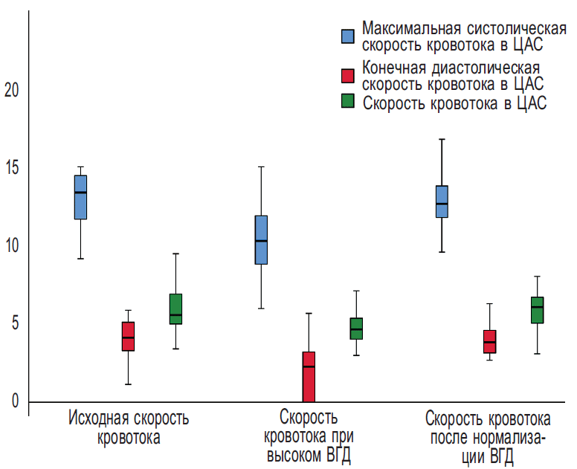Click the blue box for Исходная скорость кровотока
tap(80, 197)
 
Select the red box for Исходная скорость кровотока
tap(128, 336)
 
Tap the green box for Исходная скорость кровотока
tap(175, 308)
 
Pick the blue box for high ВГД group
tap(261, 239)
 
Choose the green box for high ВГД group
tap(356, 328)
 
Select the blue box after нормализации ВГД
tap(442, 201)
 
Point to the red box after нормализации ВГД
tap(489, 341)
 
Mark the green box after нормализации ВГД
tap(537, 310)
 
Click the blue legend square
tap(347, 36)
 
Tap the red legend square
tap(347, 74)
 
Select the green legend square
tap(347, 102)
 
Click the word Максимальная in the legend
tap(410, 28)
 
